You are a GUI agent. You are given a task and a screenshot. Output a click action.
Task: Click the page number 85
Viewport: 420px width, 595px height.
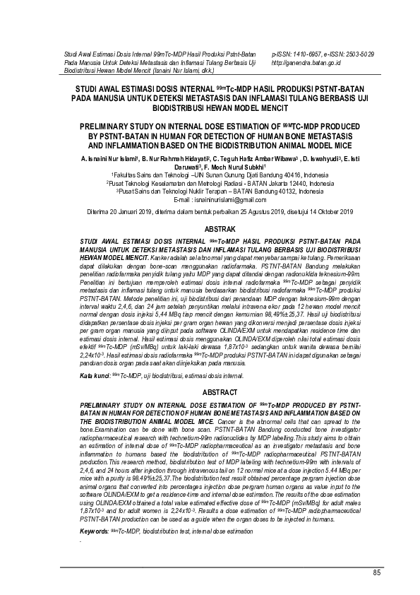(376, 572)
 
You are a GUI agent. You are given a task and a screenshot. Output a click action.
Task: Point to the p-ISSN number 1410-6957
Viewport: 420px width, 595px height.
(305, 54)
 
